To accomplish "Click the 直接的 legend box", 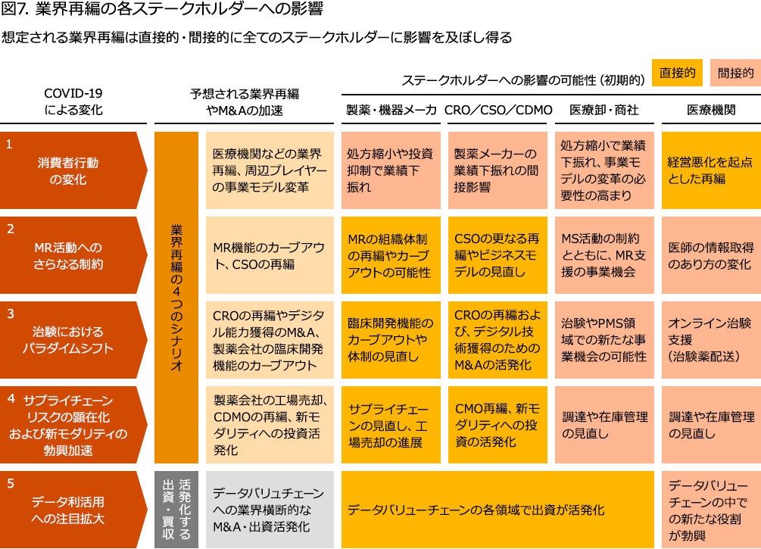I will click(x=677, y=73).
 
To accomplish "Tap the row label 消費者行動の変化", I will click(x=74, y=170).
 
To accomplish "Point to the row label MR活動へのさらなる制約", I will click(x=74, y=255).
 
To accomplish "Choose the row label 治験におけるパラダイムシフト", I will click(x=74, y=339).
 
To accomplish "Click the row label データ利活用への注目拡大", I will click(x=74, y=510).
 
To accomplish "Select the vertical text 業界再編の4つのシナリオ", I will click(x=176, y=297).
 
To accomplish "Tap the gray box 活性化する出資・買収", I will click(x=176, y=509).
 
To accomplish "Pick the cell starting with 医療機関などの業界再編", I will click(x=269, y=170).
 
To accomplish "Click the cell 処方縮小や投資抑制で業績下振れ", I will click(x=390, y=170).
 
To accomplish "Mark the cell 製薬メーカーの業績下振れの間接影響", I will click(x=497, y=170).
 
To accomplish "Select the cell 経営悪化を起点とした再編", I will click(x=710, y=170).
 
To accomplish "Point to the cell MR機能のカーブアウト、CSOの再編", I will click(x=269, y=255).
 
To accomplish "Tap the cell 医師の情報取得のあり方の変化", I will click(x=710, y=255).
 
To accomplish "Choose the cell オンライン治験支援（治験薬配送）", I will click(x=710, y=339).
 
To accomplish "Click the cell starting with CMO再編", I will click(x=497, y=424).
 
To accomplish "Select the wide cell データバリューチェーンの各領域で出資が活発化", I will click(x=497, y=510).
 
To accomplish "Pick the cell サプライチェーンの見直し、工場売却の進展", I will click(x=390, y=424).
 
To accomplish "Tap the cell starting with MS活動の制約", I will click(x=603, y=255).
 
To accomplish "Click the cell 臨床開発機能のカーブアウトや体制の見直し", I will click(x=390, y=339).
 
